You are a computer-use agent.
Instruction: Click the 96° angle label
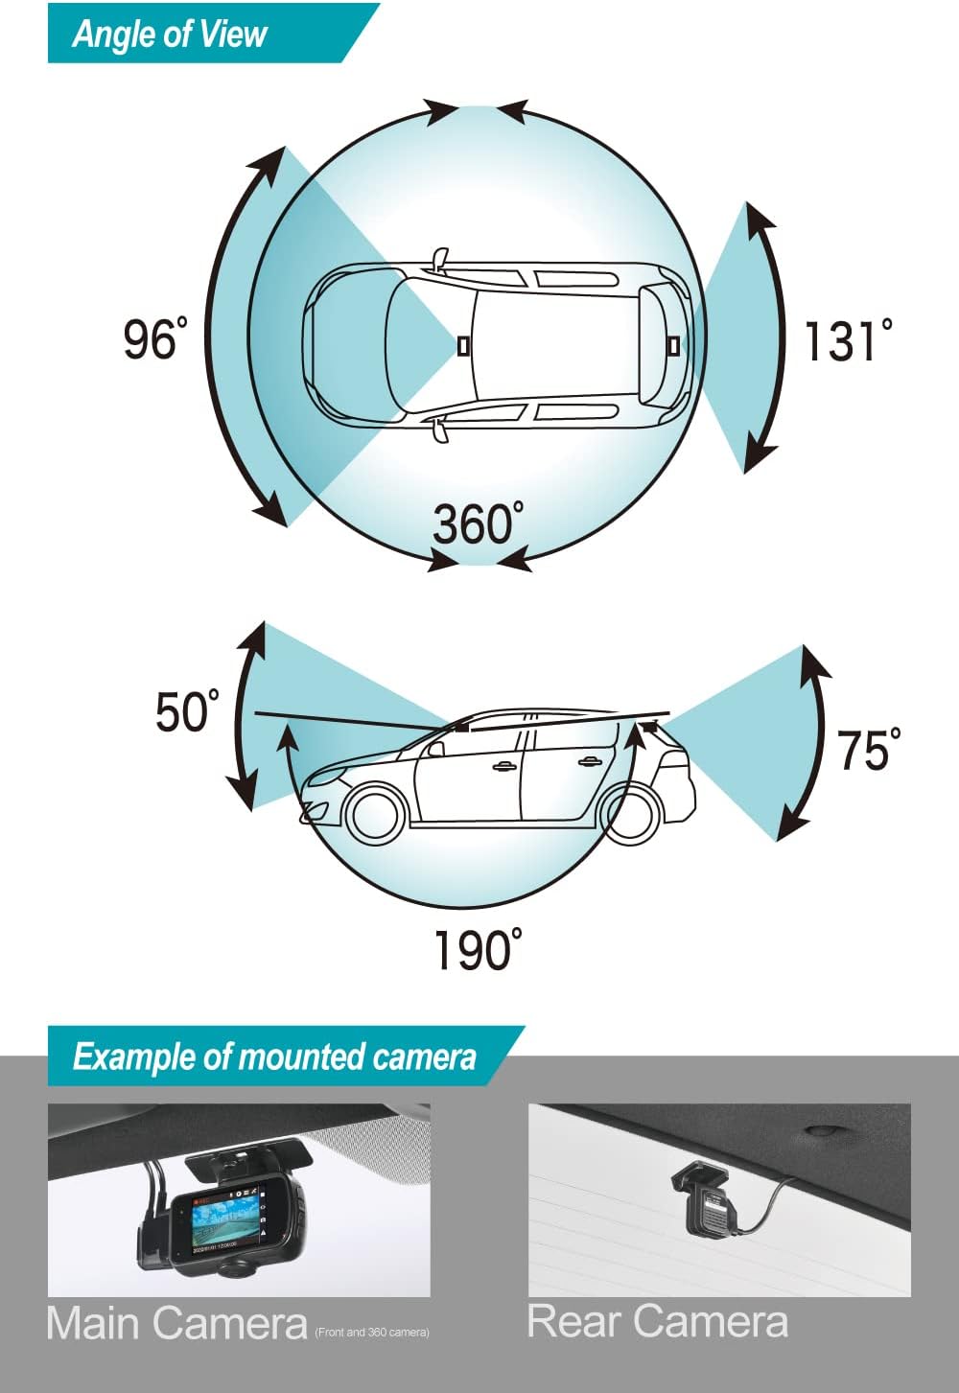coord(153,339)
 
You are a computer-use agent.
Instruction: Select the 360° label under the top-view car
coord(478,523)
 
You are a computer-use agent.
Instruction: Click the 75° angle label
coord(869,750)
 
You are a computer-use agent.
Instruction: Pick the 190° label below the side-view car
coord(478,950)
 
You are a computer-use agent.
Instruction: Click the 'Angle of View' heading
coord(169,35)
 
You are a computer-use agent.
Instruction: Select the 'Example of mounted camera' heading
coord(273,1056)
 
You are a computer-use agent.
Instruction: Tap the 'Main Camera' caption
coord(176,1324)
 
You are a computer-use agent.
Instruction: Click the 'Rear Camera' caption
coord(658,1321)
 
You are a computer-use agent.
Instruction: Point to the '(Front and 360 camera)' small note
coord(372,1333)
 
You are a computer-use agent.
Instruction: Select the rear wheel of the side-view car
coord(633,813)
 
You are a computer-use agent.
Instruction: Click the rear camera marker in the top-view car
coord(673,344)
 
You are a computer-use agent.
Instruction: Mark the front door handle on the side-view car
coord(502,766)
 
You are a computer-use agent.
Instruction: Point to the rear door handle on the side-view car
coord(587,762)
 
